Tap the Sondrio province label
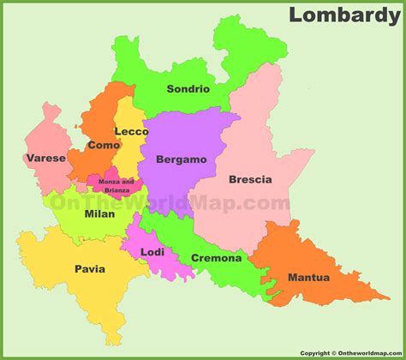coord(188,89)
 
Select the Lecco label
coord(132,131)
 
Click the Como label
coord(103,146)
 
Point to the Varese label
coord(45,158)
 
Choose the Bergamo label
coord(181,159)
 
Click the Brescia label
coord(250,179)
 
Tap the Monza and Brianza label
coord(116,185)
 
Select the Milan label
coord(99,213)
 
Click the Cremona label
coord(216,257)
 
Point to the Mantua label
coord(307,277)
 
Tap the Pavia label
coord(89,268)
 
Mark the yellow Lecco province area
coord(128,154)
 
